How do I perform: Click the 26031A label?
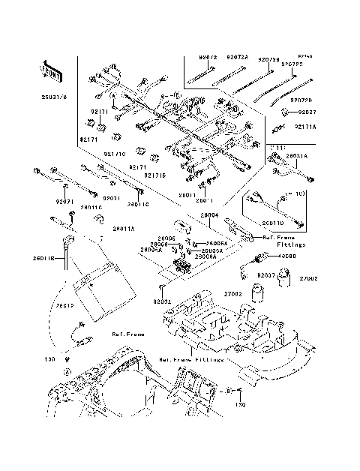coord(297,156)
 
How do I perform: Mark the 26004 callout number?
coord(209,214)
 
